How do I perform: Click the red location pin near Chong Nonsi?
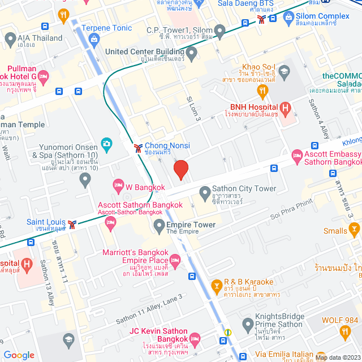(x=180, y=170)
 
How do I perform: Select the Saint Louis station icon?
(x=72, y=225)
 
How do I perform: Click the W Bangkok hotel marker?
(x=118, y=184)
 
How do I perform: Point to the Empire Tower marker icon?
(x=159, y=225)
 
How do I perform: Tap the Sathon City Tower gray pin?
(x=205, y=195)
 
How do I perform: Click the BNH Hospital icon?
(x=286, y=107)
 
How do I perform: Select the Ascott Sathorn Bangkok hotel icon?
(x=110, y=225)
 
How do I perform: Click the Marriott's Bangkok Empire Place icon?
(x=175, y=261)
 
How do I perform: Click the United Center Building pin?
(x=192, y=54)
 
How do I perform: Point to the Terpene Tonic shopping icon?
(x=93, y=38)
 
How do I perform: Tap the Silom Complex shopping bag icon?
(x=289, y=18)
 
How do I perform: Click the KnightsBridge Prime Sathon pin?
(x=247, y=325)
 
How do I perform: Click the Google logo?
(x=19, y=355)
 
